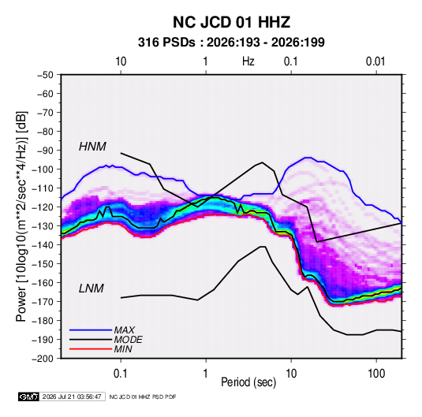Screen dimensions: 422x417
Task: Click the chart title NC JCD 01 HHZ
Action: tap(231, 22)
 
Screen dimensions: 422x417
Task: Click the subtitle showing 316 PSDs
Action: tap(231, 43)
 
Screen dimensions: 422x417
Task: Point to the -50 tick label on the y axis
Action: tap(45, 75)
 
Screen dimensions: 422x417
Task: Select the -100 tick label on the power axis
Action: tap(43, 169)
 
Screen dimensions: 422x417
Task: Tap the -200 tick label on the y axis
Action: tap(43, 359)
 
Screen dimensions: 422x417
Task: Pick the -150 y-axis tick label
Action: tap(43, 264)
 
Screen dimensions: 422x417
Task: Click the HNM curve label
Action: tap(92, 147)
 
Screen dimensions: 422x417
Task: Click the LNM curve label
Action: tap(91, 289)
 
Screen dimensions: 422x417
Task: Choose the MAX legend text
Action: tap(125, 330)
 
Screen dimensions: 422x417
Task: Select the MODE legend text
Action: tap(128, 340)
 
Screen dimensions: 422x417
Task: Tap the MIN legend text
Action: tap(123, 349)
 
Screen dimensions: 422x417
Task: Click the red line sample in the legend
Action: tap(91, 349)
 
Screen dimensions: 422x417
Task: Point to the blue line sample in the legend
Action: tap(91, 330)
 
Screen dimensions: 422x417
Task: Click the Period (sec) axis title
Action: tap(248, 382)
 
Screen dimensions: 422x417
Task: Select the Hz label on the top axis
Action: tap(248, 61)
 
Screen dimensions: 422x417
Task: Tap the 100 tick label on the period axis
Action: tap(376, 374)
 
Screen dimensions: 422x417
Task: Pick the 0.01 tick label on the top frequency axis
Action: tap(375, 61)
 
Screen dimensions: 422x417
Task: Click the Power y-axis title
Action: tap(21, 217)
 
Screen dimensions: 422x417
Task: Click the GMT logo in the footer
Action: tap(29, 397)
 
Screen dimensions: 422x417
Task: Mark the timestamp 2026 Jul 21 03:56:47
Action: tap(72, 397)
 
